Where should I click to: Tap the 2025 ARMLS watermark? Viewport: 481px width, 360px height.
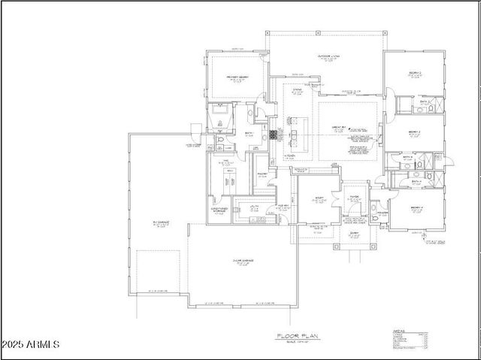pyautogui.click(x=32, y=344)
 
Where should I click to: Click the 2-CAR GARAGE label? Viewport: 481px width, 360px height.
pyautogui.click(x=243, y=261)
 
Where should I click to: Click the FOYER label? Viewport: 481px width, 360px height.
pyautogui.click(x=354, y=199)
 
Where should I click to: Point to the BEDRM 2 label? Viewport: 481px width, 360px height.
pyautogui.click(x=414, y=74)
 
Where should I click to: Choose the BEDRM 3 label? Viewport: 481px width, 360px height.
pyautogui.click(x=414, y=132)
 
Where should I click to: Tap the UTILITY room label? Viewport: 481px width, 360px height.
pyautogui.click(x=254, y=206)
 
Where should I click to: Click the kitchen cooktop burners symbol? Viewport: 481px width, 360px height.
pyautogui.click(x=274, y=135)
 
